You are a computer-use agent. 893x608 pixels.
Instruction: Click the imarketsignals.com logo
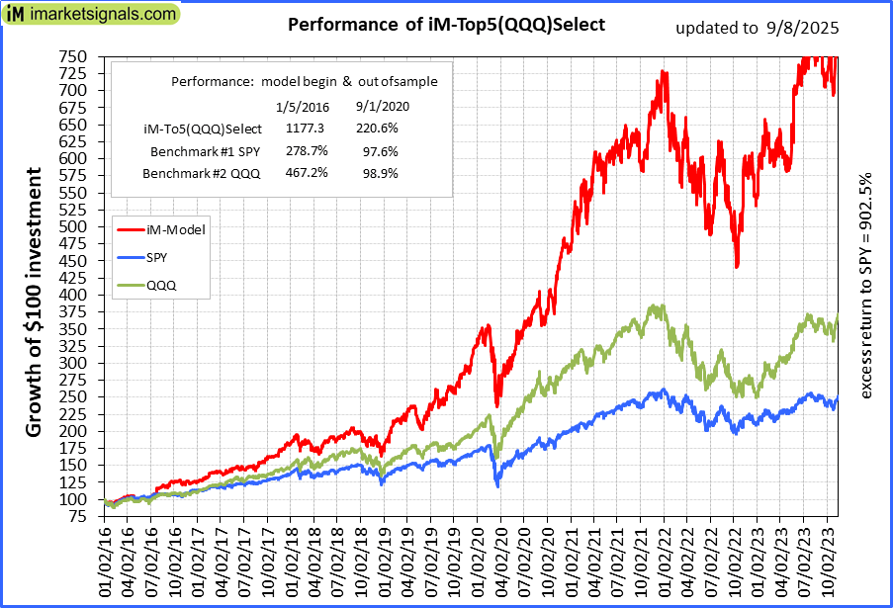pos(91,15)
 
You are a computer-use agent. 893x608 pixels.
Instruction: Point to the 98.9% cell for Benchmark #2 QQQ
pos(377,173)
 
